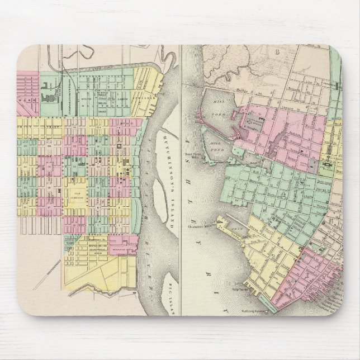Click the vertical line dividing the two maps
(180, 168)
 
